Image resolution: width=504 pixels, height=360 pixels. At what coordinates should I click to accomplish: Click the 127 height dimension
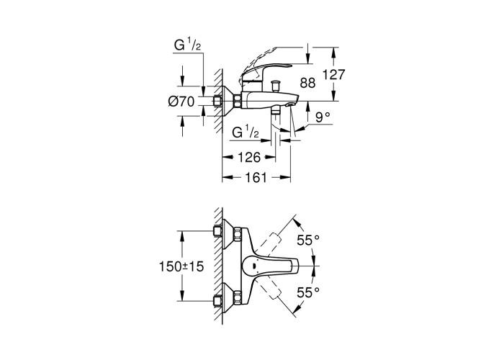click(x=333, y=75)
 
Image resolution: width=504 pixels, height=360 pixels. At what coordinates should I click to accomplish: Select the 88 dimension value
click(x=307, y=83)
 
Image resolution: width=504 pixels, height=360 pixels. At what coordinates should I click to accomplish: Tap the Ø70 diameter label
click(x=181, y=102)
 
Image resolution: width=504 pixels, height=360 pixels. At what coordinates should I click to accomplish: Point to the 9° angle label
click(x=323, y=117)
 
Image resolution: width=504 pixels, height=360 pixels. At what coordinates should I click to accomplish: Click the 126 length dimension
click(x=249, y=158)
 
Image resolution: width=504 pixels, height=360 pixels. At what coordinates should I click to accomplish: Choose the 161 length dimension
click(x=256, y=177)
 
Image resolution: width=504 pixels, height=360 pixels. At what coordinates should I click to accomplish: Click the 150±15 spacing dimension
click(x=181, y=266)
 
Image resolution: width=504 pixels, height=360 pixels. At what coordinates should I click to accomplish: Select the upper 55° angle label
click(x=308, y=240)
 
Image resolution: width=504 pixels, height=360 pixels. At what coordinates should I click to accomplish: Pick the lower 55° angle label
click(x=308, y=292)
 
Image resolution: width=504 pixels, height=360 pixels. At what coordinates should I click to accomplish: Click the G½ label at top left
click(x=187, y=45)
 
